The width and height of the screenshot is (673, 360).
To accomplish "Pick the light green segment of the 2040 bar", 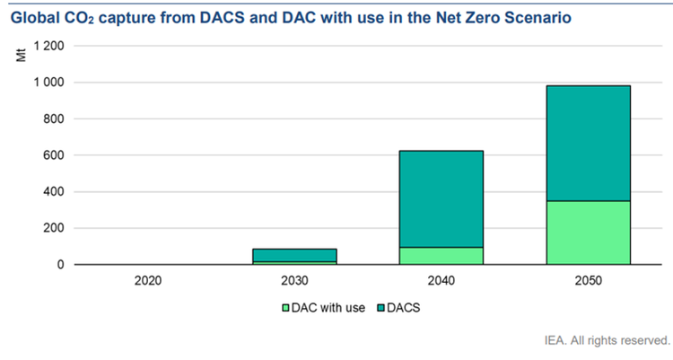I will coord(440,256).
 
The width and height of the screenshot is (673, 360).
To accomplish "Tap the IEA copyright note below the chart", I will coord(607,340).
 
